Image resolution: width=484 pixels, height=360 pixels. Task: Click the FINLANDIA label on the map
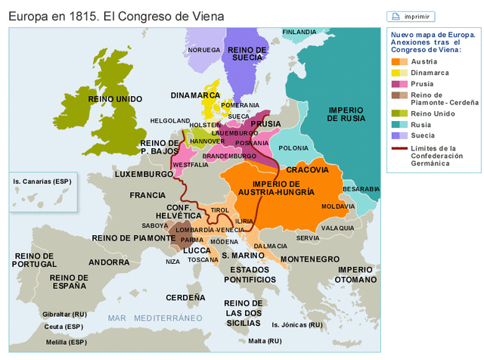click(x=299, y=33)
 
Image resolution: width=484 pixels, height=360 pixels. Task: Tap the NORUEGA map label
click(x=203, y=50)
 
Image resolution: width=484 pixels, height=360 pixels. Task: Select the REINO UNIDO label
click(x=115, y=99)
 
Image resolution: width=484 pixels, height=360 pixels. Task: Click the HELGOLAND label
click(x=170, y=120)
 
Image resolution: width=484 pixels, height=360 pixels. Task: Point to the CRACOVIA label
click(x=308, y=169)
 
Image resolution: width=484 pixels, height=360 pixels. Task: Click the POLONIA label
click(x=293, y=148)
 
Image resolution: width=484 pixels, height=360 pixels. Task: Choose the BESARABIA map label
click(x=361, y=188)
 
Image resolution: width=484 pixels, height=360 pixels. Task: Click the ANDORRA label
click(x=109, y=262)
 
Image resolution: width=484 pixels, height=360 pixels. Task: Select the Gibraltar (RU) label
click(x=64, y=313)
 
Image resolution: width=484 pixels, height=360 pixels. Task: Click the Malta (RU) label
click(x=265, y=341)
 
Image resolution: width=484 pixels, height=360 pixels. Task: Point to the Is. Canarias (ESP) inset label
click(x=42, y=182)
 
